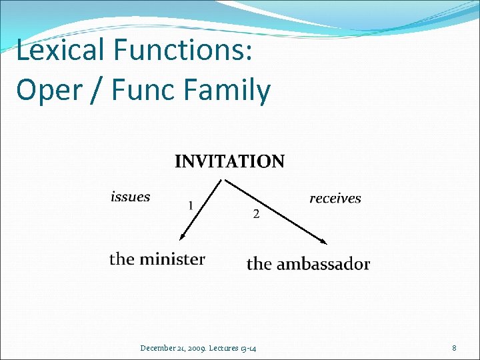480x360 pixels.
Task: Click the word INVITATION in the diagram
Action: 229,161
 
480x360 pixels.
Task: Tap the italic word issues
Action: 130,197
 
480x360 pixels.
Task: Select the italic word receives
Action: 335,198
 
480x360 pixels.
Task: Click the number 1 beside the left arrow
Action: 191,206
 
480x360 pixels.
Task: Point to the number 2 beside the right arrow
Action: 256,214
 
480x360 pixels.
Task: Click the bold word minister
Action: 172,259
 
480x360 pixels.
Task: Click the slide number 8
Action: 454,348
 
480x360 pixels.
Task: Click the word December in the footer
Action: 158,348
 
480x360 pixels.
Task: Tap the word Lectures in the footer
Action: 227,348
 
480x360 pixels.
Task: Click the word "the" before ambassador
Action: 259,264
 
